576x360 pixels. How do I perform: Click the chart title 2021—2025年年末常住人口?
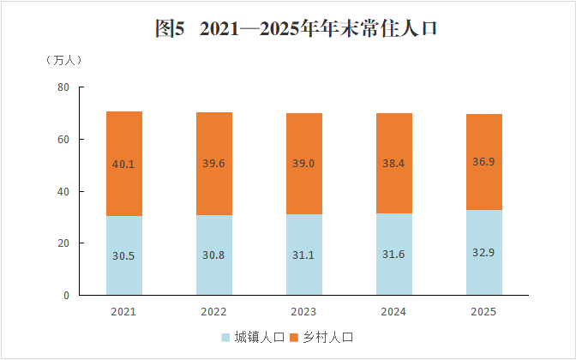point(296,28)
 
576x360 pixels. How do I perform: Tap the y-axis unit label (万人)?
point(63,61)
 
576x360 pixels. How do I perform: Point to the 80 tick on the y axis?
point(63,87)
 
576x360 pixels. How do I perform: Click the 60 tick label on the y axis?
point(63,139)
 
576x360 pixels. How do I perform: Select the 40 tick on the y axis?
point(63,191)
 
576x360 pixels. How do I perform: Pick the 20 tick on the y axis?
point(63,243)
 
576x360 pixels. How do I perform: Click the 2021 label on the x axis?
point(123,311)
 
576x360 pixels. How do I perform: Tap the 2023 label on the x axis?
point(303,311)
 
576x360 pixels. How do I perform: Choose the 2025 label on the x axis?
point(483,311)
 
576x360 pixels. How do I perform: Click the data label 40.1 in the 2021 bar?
point(124,164)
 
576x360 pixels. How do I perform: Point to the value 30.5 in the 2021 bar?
point(124,255)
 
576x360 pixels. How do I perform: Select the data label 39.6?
point(214,164)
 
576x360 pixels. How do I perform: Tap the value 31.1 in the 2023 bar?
point(304,255)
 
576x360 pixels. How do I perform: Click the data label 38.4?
point(394,164)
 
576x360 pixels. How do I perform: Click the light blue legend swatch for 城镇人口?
point(227,338)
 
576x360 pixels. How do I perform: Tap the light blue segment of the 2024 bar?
point(394,274)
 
